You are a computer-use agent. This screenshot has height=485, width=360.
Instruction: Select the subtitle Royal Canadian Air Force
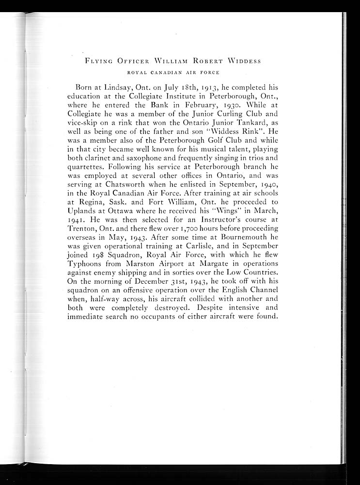(173, 73)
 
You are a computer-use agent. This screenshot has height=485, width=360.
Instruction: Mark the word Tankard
(247, 123)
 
